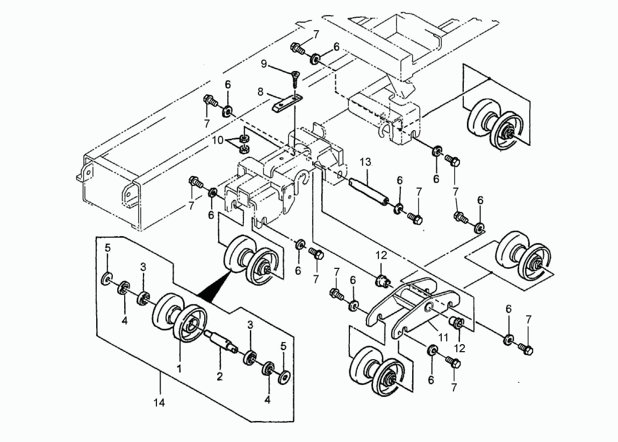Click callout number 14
click(x=159, y=403)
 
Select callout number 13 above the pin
click(x=365, y=162)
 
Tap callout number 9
click(x=264, y=63)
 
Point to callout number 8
click(x=260, y=92)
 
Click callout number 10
click(x=218, y=140)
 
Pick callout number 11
click(x=443, y=338)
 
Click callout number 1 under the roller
click(x=179, y=369)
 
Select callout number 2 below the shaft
click(x=220, y=376)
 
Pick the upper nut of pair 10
click(x=243, y=138)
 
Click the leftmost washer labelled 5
click(x=107, y=279)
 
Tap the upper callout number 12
click(x=381, y=255)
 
